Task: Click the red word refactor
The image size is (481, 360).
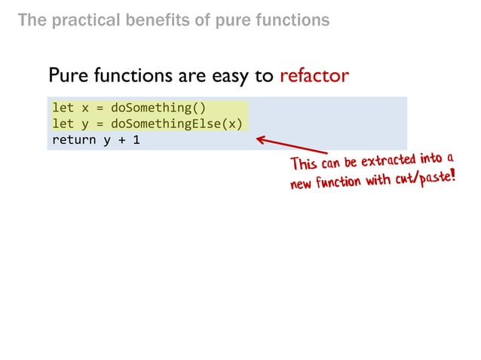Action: [x=314, y=76]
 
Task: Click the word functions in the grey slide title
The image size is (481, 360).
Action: [x=292, y=20]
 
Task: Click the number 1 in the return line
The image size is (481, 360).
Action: [x=136, y=139]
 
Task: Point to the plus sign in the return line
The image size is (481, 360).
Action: [x=121, y=139]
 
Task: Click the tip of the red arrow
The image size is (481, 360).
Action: [x=258, y=138]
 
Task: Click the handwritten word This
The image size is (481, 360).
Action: [x=306, y=164]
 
